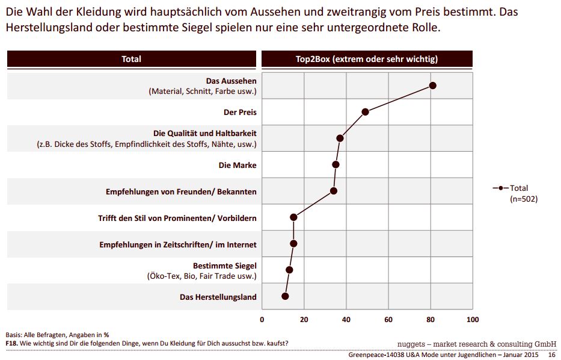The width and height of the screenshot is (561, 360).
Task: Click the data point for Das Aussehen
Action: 432,85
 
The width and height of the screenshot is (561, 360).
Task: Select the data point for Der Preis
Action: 365,112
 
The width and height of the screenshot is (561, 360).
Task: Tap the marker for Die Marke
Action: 336,164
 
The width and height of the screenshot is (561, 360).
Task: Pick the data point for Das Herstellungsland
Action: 285,296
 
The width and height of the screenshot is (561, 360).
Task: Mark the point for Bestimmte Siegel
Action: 289,270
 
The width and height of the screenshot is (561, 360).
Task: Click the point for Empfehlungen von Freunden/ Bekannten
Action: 334,191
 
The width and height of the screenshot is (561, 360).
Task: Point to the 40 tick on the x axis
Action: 346,319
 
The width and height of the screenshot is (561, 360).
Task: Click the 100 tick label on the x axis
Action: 473,319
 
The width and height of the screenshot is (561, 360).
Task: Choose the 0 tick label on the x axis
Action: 262,319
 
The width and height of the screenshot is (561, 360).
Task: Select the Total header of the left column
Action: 132,59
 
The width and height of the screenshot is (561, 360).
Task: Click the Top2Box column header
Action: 367,59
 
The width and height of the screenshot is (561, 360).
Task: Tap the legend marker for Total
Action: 500,188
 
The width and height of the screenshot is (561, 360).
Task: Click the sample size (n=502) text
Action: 523,199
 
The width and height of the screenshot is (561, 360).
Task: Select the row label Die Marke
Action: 237,164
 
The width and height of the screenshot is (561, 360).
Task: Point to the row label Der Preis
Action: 240,112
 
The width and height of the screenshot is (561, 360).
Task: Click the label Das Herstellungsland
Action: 218,297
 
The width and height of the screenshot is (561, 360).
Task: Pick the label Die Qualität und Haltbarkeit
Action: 204,133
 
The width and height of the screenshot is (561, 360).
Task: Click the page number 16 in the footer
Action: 551,355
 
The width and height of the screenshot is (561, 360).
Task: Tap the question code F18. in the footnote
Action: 12,343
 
